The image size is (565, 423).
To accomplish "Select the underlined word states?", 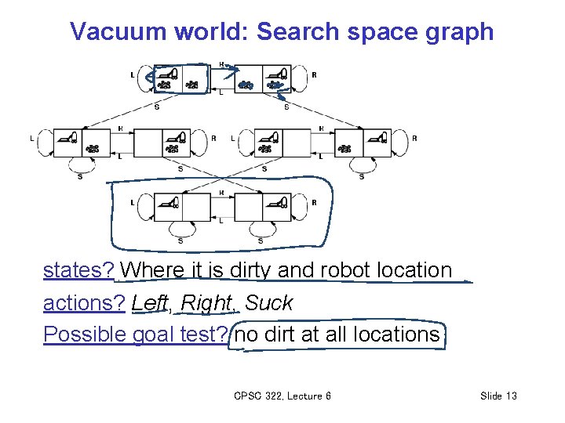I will click(x=79, y=270).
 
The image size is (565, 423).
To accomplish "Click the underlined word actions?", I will click(x=85, y=302).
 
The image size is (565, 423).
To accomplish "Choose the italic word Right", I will click(x=205, y=303).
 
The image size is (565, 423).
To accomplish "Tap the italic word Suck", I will click(x=268, y=302).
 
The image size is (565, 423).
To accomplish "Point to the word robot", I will click(x=346, y=270).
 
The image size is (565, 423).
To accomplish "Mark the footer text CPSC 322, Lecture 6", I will click(x=282, y=396).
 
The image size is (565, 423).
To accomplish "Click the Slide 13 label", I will click(x=498, y=396).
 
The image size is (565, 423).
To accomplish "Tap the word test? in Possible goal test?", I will click(x=202, y=334).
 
